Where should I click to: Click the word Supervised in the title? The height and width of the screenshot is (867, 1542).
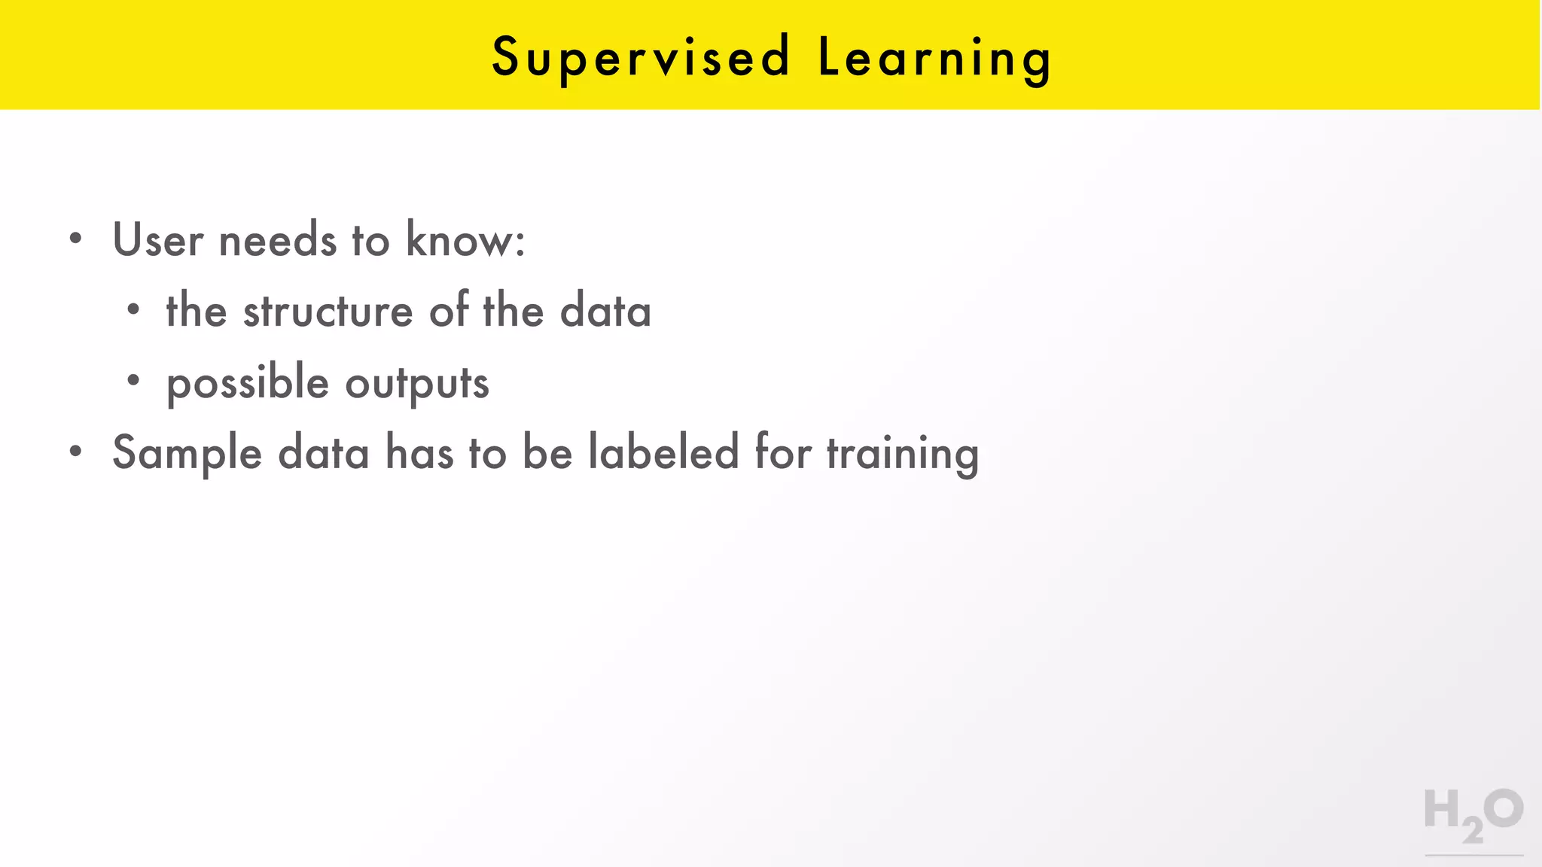tap(641, 57)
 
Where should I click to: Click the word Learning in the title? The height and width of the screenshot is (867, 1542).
tap(934, 57)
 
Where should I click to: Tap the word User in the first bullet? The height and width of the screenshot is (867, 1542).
tap(158, 240)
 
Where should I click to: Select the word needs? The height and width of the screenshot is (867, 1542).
tap(277, 240)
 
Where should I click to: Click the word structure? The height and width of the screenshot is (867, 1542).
tap(328, 311)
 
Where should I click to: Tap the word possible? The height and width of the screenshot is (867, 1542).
tap(248, 383)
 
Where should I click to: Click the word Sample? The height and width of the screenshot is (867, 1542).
tap(187, 454)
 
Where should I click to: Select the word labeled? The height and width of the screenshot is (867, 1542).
tap(663, 452)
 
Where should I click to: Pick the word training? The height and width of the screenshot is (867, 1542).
tap(903, 454)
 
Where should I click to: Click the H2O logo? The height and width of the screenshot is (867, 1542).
tap(1473, 816)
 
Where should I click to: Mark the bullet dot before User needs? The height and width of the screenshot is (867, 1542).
tap(75, 239)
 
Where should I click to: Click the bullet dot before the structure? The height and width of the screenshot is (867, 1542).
tap(133, 309)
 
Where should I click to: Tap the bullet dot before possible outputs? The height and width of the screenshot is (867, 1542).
tap(133, 381)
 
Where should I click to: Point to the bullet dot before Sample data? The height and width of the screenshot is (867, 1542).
tap(75, 452)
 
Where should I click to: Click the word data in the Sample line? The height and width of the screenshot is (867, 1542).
tap(324, 453)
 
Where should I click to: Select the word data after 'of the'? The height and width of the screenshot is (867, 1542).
tap(605, 311)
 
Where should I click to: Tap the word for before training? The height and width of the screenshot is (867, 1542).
tap(783, 452)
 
